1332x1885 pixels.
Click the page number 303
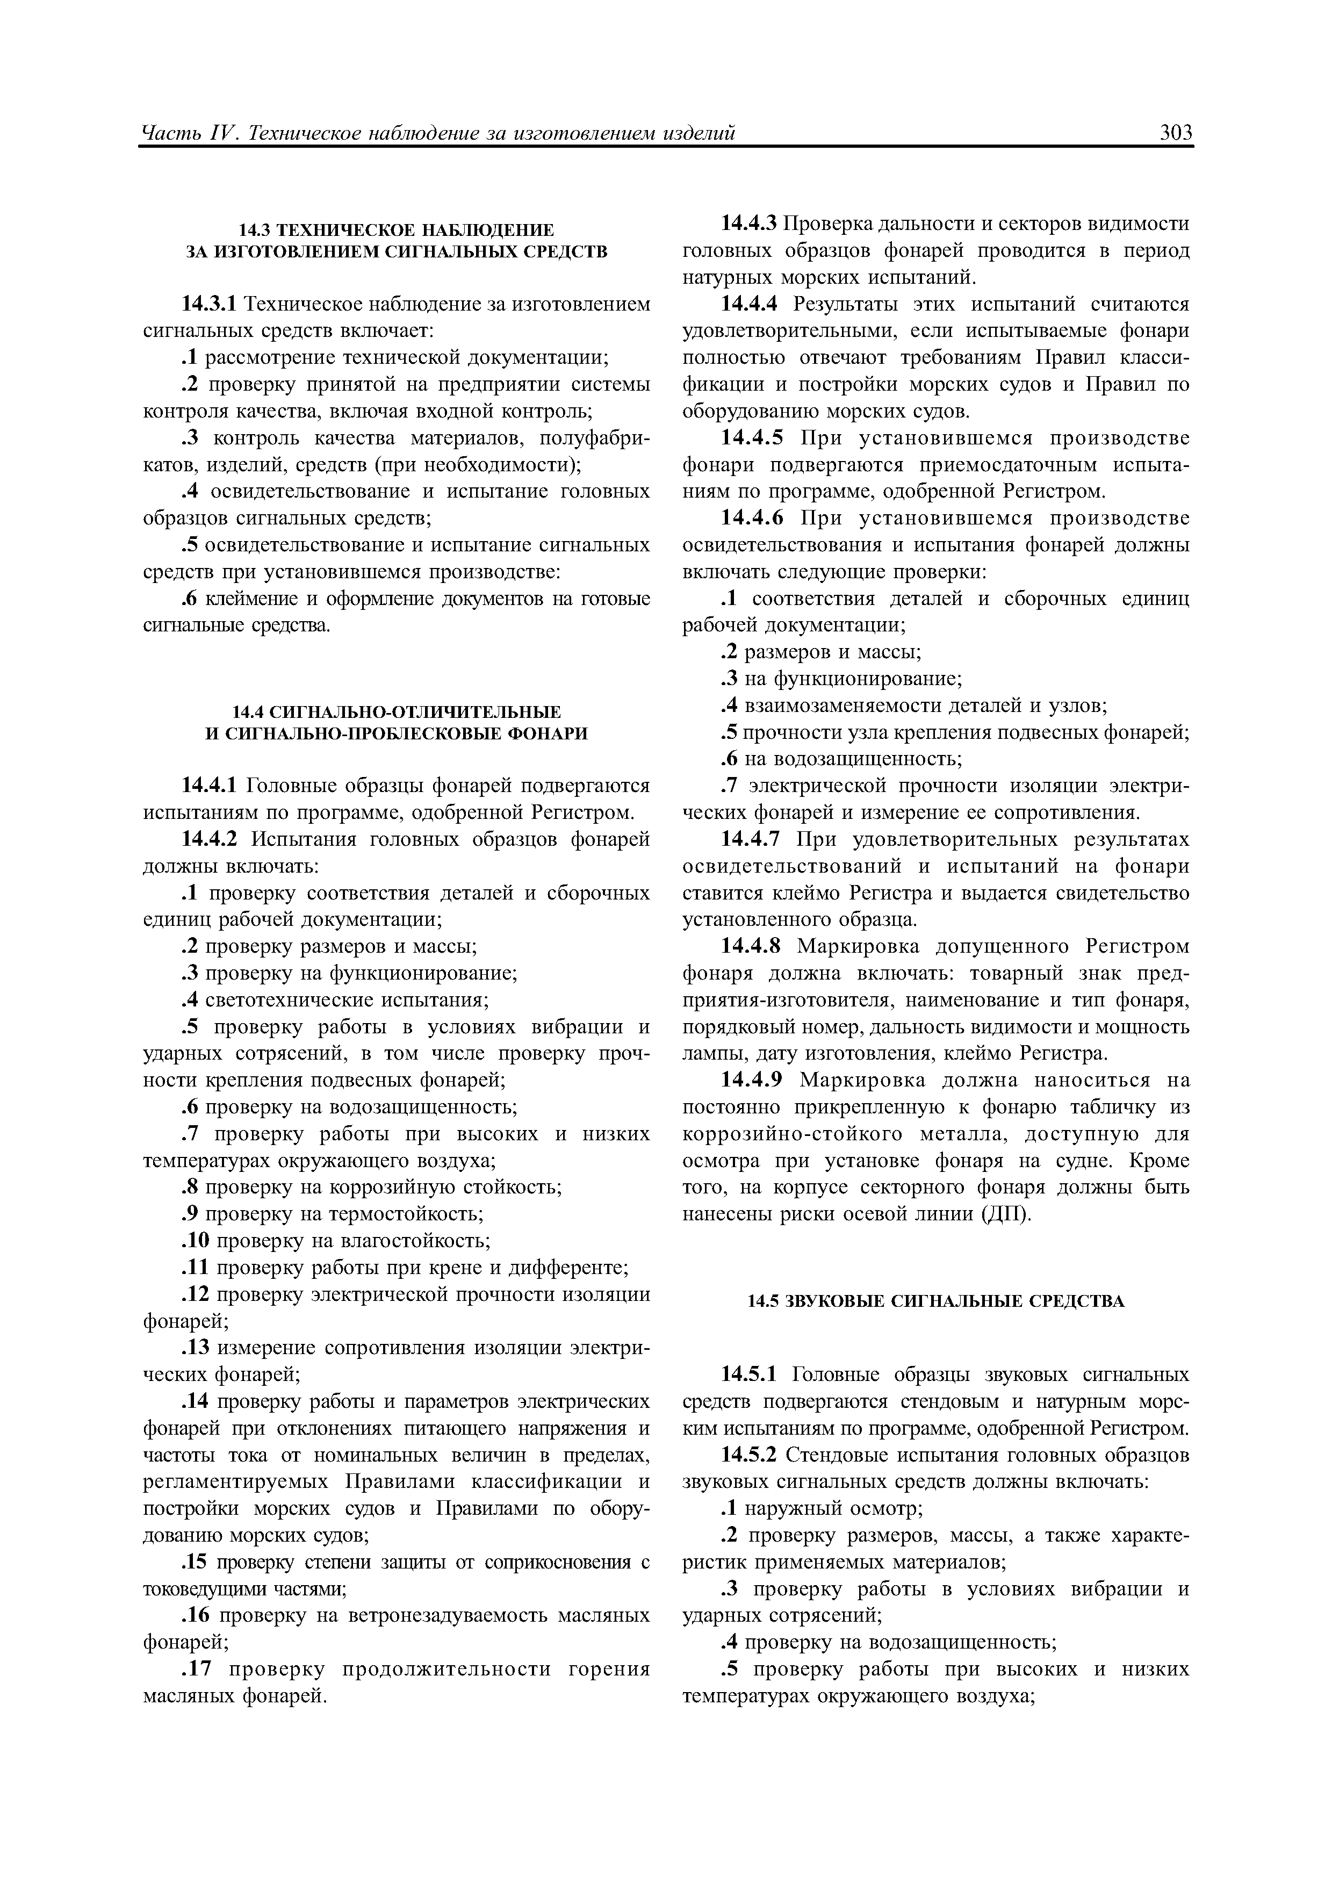[x=1175, y=133]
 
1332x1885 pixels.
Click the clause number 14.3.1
[x=208, y=305]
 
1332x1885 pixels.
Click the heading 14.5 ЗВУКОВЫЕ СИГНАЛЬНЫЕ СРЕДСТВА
[x=935, y=1302]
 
